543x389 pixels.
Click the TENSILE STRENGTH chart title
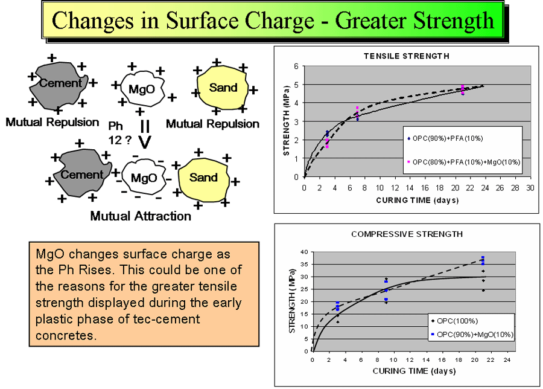406,56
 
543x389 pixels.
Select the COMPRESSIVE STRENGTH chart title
407,234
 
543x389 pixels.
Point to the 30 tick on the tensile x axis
530,188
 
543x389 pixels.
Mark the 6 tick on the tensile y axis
296,66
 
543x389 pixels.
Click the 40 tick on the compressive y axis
303,252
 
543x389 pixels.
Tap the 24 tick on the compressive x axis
507,361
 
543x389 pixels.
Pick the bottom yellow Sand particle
203,178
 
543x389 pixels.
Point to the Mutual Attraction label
141,216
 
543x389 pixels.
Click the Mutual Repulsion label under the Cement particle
52,122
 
